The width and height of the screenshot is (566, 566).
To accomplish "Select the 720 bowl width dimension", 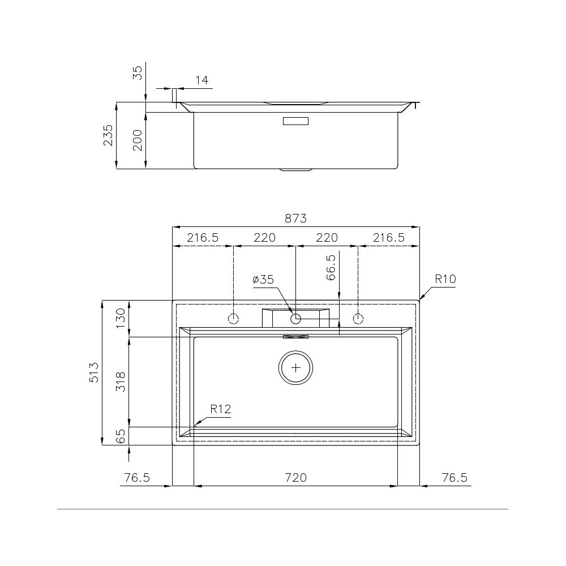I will tap(295, 478).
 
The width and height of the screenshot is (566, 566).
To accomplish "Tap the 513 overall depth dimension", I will tap(94, 372).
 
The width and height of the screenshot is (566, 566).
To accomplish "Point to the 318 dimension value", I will tap(121, 382).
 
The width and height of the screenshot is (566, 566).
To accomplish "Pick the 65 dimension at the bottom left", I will tap(121, 436).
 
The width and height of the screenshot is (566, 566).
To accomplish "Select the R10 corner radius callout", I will tap(445, 278).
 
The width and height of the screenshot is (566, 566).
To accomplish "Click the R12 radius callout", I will tap(221, 409).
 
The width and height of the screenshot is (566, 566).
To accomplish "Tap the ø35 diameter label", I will tap(263, 279).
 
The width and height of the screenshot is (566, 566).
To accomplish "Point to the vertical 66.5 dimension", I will tap(332, 268).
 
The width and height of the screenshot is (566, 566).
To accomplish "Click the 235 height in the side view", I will tap(108, 135).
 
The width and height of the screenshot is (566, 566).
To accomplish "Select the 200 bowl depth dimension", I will tap(138, 140).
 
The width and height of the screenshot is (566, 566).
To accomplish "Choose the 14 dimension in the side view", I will tap(201, 80).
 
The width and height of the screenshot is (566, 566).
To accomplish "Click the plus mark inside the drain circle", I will tap(296, 368).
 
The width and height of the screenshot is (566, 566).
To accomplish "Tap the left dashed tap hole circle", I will tap(233, 319).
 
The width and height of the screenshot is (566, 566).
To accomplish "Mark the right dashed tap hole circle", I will tap(358, 319).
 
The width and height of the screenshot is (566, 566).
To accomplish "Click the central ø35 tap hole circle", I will tap(295, 319).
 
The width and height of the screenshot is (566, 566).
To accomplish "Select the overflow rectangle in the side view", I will tap(295, 121).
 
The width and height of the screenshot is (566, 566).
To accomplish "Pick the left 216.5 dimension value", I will tap(203, 238).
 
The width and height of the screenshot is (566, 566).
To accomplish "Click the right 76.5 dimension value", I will tap(454, 478).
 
